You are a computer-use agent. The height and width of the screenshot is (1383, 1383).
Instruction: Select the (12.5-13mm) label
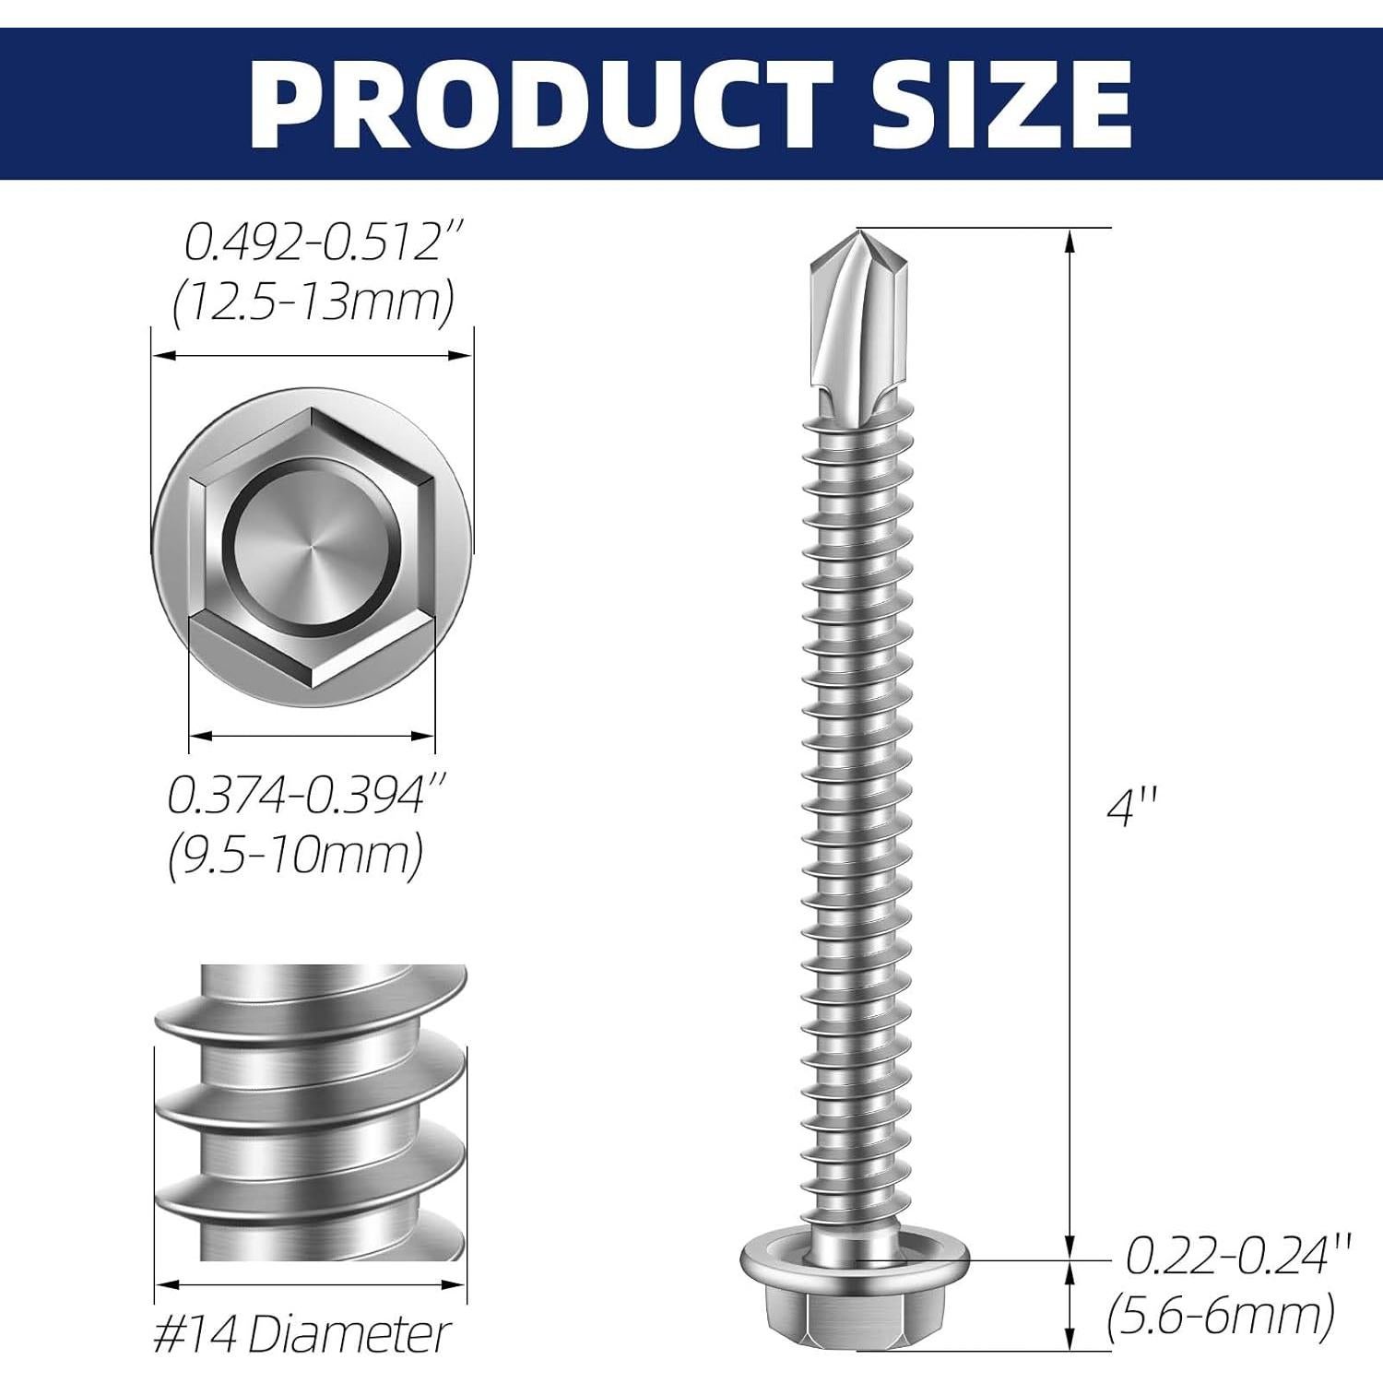coord(313,301)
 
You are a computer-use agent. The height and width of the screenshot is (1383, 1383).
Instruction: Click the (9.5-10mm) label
coord(295,855)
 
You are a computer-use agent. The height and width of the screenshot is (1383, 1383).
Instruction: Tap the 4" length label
coord(1130,810)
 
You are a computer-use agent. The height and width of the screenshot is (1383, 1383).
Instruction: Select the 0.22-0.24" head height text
coord(1238,1257)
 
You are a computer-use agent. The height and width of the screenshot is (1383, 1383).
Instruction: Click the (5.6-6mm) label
coord(1221,1316)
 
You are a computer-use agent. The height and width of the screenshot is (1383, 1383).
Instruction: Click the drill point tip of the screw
coord(857,234)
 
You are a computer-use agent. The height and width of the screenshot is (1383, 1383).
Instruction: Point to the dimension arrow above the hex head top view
coord(312,355)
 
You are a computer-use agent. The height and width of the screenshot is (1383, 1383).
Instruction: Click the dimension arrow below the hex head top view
coord(311,736)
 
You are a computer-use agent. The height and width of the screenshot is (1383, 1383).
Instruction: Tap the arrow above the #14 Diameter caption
coord(309,1284)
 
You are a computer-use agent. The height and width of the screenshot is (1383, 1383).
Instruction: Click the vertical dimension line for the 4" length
coord(1070,738)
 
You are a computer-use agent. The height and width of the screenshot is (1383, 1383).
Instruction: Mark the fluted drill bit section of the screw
coord(855,332)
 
